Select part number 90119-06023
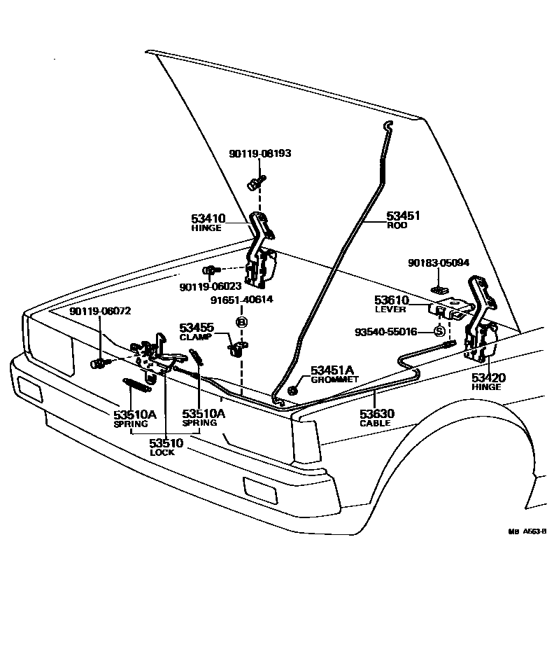[x=210, y=286]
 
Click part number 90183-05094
[x=439, y=263]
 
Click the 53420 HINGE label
[x=487, y=382]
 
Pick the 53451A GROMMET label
[x=334, y=373]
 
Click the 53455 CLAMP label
[x=197, y=331]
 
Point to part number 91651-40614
[x=241, y=300]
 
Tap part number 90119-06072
[x=100, y=311]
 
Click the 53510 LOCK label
[x=165, y=446]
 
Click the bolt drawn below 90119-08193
[x=253, y=184]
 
